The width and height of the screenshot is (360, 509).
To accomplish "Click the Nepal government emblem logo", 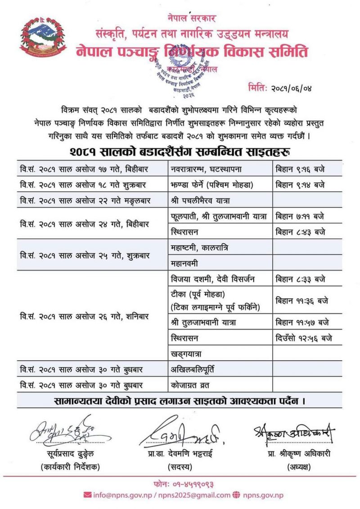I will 43,36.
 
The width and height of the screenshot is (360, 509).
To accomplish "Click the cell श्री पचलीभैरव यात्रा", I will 203,200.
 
